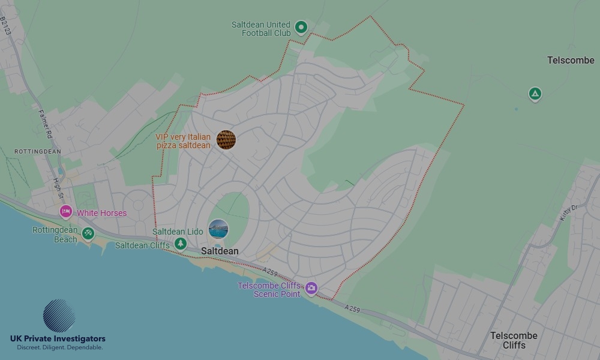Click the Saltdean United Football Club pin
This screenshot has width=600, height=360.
[301, 27]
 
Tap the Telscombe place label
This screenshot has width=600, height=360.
[571, 60]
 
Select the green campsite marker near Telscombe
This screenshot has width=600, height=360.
[535, 94]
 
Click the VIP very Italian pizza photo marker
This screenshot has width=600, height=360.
[226, 140]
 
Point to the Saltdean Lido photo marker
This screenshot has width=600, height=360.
[218, 229]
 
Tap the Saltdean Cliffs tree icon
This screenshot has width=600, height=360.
[180, 244]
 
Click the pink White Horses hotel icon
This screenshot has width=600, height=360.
[66, 212]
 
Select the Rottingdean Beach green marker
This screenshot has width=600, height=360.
[88, 233]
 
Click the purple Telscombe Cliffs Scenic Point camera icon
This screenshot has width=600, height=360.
[311, 289]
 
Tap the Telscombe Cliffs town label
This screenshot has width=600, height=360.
[514, 340]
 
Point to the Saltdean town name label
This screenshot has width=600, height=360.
[220, 251]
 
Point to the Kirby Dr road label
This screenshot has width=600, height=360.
[567, 212]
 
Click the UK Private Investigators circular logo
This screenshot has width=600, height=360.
[59, 316]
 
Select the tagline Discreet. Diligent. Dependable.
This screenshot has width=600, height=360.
[59, 347]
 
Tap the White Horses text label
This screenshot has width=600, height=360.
[101, 213]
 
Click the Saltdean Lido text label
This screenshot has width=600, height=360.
[178, 232]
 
